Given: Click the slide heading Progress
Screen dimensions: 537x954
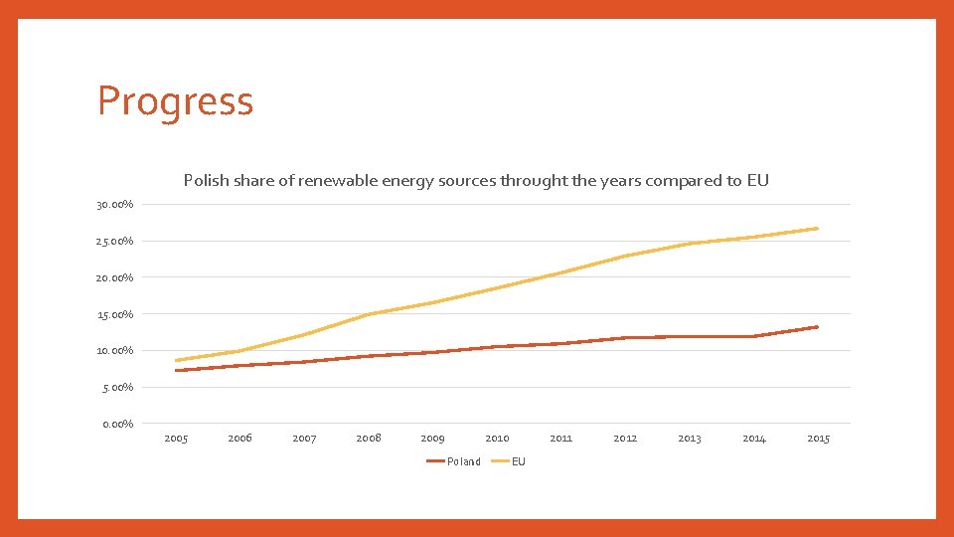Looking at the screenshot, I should click(175, 101).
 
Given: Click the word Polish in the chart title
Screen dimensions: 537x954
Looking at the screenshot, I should click(206, 181).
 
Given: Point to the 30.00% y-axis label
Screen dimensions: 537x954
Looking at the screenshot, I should click(115, 205).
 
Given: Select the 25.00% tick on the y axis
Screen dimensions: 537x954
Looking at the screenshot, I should click(115, 242).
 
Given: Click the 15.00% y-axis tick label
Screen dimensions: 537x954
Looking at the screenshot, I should click(115, 315).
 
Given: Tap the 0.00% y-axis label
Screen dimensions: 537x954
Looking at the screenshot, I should click(117, 425).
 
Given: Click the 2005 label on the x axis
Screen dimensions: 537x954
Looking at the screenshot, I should click(176, 439).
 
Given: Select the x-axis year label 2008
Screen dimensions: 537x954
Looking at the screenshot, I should click(369, 439).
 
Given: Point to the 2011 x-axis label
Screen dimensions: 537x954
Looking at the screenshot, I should click(560, 439).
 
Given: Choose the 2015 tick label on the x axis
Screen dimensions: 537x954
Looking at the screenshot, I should click(818, 439).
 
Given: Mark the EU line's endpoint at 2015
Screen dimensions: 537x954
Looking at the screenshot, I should click(817, 229).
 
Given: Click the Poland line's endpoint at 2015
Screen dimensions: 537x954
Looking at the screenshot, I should click(817, 327).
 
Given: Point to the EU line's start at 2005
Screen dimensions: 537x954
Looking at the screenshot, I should click(176, 361).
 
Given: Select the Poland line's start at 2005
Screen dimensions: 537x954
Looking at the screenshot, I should click(176, 371).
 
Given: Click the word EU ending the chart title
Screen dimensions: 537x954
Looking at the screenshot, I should click(758, 181).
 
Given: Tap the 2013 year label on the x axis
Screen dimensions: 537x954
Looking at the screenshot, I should click(689, 439).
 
